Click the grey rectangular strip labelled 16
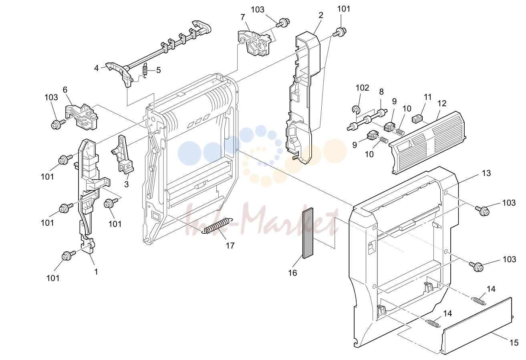tap(308, 233)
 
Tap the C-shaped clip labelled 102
tap(356, 109)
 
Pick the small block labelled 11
tap(417, 118)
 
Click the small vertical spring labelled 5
tap(146, 71)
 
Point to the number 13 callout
tap(486, 173)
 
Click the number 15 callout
tap(514, 343)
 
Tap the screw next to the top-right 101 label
tap(340, 32)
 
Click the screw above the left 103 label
tap(58, 123)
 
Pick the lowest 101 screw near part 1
tap(69, 255)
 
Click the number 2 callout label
tap(321, 15)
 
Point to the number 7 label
tap(243, 17)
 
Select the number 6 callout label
tap(65, 89)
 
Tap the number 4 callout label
tap(96, 68)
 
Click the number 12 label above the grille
tap(442, 103)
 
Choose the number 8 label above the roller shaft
tap(381, 92)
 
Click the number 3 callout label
tap(126, 184)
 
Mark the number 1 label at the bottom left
tap(96, 272)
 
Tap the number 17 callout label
tap(230, 246)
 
